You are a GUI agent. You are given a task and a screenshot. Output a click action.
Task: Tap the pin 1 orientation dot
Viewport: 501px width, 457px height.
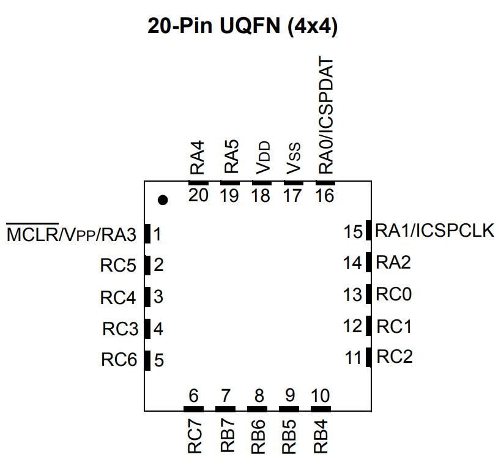162,199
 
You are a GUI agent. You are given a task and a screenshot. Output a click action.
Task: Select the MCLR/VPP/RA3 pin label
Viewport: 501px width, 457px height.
71,234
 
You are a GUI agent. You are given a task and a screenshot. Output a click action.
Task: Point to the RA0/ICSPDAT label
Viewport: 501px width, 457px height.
326,116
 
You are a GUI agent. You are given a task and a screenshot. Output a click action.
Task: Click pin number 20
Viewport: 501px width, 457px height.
198,196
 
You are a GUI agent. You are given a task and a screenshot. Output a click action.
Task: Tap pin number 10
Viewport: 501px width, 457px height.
320,396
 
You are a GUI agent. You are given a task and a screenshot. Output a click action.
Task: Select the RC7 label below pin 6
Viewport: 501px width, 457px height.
195,436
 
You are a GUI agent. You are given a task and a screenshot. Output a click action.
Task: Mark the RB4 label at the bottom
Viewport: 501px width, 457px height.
320,436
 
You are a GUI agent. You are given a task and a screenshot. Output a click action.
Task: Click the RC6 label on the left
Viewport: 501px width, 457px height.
119,360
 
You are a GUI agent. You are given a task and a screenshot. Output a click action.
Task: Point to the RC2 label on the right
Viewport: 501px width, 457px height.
395,357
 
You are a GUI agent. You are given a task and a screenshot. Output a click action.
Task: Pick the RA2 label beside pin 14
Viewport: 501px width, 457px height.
393,263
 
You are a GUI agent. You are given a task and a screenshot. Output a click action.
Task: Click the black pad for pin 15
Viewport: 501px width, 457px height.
368,231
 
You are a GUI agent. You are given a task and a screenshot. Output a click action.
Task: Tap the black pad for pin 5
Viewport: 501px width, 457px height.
147,360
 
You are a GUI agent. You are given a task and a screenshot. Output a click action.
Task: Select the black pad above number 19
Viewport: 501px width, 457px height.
230,182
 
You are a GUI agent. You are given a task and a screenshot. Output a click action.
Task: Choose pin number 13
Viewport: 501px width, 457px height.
353,295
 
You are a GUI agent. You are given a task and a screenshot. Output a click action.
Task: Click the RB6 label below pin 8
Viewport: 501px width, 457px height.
258,436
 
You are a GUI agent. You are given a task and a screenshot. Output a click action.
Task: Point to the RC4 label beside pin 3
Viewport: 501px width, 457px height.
118,298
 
